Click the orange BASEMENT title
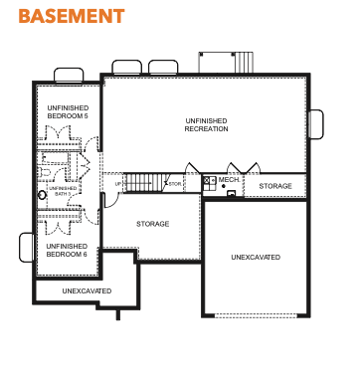(x=72, y=16)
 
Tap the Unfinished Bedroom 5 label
(x=68, y=112)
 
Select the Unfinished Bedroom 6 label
(x=67, y=251)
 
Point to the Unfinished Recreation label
(x=206, y=124)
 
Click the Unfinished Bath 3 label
(x=63, y=191)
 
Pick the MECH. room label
(x=229, y=180)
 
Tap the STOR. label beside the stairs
(x=175, y=184)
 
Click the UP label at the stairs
(x=118, y=184)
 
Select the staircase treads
(x=138, y=183)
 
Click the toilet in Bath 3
(x=44, y=172)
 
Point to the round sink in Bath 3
(x=42, y=195)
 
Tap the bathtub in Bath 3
(x=54, y=158)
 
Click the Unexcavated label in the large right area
(x=256, y=257)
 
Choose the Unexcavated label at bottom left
(x=87, y=290)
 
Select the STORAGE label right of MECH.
(x=275, y=186)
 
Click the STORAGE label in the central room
(x=153, y=224)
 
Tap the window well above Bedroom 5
(x=69, y=76)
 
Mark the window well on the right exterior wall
(x=316, y=124)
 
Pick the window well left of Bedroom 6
(x=27, y=248)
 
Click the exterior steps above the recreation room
(x=245, y=62)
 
